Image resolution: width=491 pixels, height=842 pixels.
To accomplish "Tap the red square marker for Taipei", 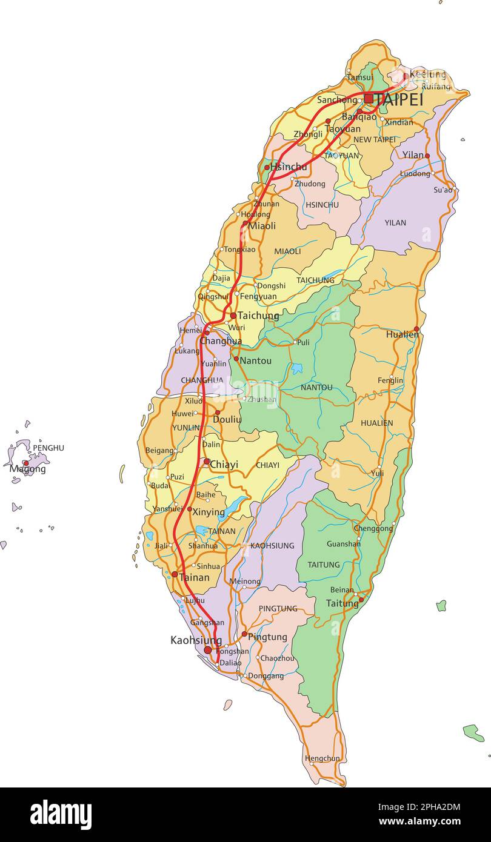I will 369,98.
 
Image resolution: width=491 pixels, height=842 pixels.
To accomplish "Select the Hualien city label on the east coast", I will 401,334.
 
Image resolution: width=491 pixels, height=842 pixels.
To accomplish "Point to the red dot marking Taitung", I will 361,600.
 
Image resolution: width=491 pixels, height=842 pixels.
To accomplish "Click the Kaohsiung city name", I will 196,640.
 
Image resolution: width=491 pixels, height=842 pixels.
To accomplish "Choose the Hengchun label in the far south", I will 322,758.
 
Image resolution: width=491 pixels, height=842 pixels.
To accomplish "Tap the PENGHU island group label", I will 48,448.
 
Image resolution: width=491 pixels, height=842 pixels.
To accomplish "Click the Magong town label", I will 28,469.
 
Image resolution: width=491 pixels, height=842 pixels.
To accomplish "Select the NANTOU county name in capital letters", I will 316,387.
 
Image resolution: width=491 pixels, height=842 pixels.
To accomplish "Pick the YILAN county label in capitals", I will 395,223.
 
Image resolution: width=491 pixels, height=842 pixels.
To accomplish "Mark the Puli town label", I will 303,342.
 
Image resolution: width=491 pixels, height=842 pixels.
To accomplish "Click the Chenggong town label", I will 373,529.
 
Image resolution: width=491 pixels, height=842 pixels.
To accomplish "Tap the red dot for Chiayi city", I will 207,462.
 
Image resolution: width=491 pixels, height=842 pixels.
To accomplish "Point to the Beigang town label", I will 159,451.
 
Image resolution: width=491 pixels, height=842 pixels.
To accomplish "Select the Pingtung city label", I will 267,637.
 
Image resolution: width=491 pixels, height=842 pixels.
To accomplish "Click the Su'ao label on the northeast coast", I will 443,190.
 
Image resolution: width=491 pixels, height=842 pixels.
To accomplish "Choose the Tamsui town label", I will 359,78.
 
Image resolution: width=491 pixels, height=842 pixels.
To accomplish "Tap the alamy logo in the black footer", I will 61,814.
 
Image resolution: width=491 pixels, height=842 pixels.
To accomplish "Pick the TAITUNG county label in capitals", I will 324,565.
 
